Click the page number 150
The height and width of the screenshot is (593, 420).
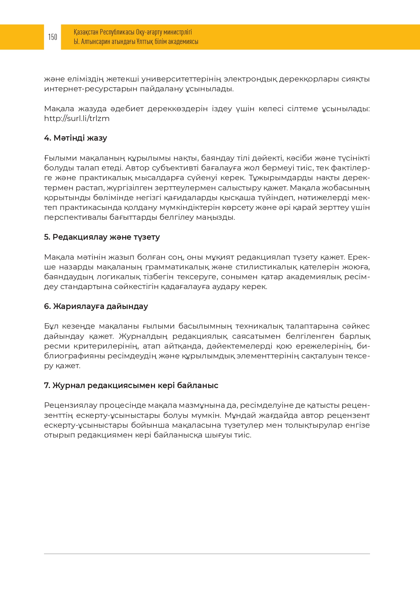tap(52, 37)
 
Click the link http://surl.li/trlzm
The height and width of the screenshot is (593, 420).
tap(77, 119)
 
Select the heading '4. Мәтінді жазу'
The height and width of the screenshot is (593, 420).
tap(75, 138)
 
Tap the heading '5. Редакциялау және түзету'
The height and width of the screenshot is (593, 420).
tap(102, 237)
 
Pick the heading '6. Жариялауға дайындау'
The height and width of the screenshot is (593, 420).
tap(96, 306)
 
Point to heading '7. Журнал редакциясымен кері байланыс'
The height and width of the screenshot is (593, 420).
tap(131, 385)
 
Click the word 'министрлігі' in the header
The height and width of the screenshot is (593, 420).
tap(178, 32)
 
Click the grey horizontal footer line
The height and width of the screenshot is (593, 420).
tap(207, 554)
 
